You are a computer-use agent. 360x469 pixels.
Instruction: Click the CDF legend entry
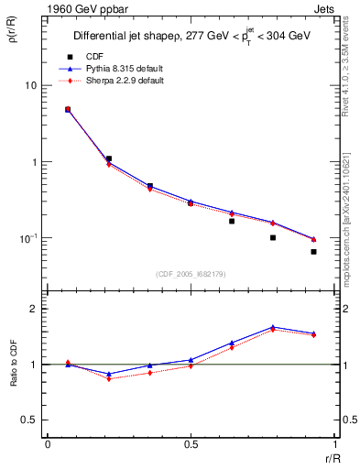(93, 56)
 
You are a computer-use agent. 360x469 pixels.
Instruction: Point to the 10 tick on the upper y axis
(30, 85)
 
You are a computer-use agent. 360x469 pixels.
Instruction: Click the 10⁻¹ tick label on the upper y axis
(28, 238)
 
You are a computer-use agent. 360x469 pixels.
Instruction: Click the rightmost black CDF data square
(313, 251)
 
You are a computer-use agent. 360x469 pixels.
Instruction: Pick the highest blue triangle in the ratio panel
(273, 327)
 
